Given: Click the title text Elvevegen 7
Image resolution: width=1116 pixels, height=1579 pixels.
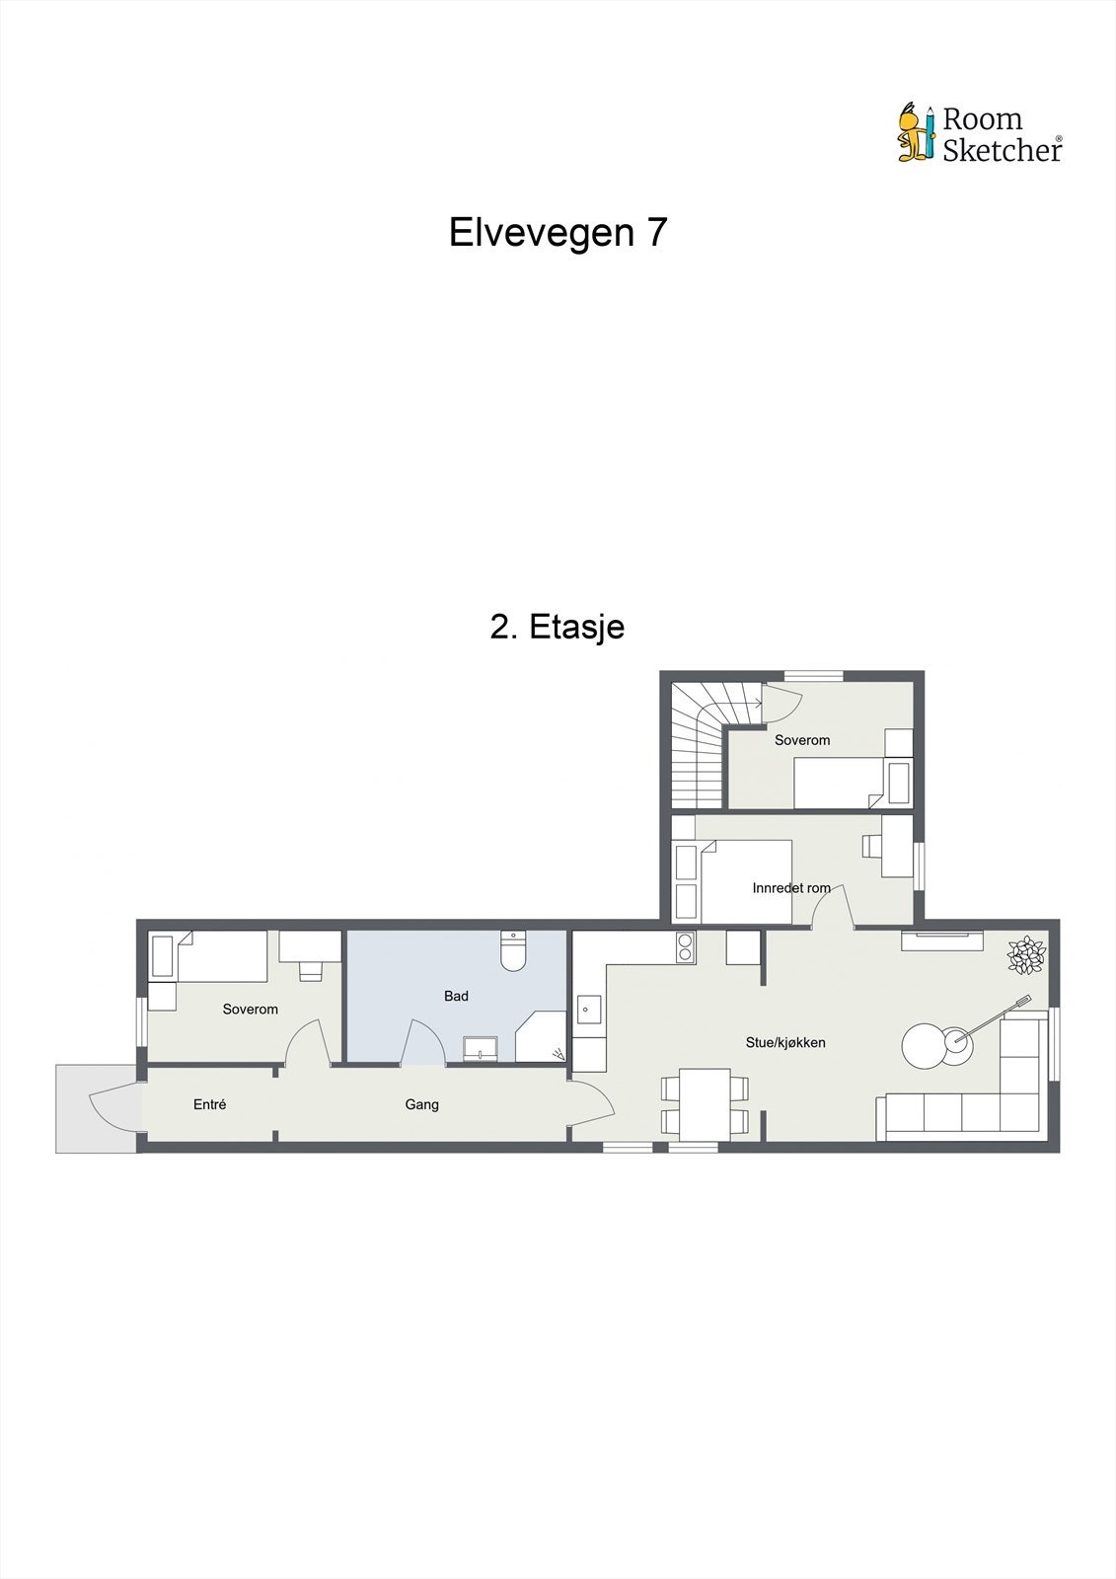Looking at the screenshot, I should click(x=558, y=233).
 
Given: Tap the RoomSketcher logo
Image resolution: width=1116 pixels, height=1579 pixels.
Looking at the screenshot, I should click(x=979, y=133).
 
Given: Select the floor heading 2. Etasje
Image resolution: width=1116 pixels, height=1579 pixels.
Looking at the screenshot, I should click(x=558, y=627).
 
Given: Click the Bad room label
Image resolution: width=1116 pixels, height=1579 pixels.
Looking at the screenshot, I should click(x=456, y=997).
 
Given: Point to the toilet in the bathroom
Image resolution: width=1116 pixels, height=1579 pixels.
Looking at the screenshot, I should click(x=513, y=951).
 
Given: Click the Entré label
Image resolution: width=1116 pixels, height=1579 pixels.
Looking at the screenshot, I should click(x=209, y=1105).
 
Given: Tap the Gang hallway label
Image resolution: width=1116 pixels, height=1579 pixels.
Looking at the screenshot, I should click(x=421, y=1105).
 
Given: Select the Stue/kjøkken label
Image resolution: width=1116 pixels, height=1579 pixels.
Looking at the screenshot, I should click(x=785, y=1043).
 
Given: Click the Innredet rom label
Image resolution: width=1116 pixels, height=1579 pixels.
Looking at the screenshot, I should click(x=791, y=888).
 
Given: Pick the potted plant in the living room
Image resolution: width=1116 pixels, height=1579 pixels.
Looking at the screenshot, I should click(x=1026, y=955).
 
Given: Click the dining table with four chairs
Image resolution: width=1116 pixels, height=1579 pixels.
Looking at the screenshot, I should click(x=705, y=1103).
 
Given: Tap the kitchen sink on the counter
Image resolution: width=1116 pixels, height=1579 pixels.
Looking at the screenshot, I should click(x=589, y=1010).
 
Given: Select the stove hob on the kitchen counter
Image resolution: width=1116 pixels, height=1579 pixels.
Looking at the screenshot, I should click(x=685, y=948).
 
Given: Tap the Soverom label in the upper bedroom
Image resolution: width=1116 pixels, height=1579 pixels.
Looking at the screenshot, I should click(x=802, y=740).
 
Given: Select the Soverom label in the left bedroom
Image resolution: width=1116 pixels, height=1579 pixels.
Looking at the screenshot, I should click(x=250, y=1010).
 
